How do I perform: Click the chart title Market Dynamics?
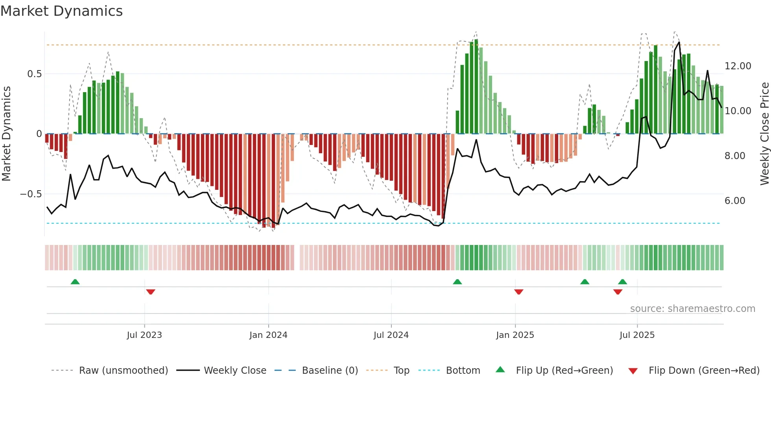[62, 11]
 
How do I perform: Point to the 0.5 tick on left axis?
[34, 74]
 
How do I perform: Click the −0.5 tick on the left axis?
[31, 194]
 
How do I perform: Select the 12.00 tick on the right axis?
[738, 66]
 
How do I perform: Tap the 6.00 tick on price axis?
[735, 201]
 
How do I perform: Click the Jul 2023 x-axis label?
[144, 335]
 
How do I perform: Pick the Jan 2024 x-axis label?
[268, 335]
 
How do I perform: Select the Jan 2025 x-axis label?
[515, 335]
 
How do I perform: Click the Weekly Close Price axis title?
[764, 134]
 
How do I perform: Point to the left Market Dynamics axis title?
[6, 134]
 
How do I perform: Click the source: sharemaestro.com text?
[692, 309]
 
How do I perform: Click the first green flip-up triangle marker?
[75, 282]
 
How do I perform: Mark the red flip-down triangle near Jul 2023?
[151, 292]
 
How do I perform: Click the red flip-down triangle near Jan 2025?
[518, 292]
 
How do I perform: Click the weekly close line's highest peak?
[679, 42]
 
